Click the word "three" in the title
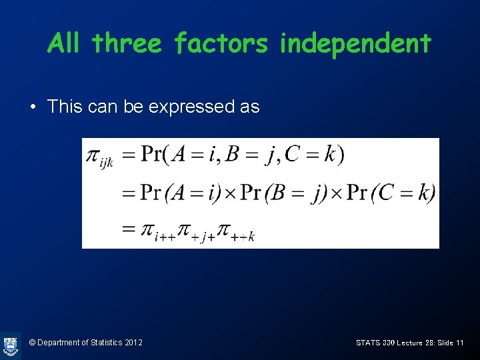pyautogui.click(x=127, y=44)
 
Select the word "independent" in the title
pyautogui.click(x=355, y=44)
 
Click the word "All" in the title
pyautogui.click(x=65, y=44)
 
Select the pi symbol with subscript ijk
pyautogui.click(x=99, y=157)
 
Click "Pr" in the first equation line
pyautogui.click(x=153, y=155)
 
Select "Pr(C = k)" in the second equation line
pyautogui.click(x=392, y=193)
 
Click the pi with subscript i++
pyautogui.click(x=155, y=231)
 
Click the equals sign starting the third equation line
pyautogui.click(x=128, y=229)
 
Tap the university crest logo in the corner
pyautogui.click(x=10, y=345)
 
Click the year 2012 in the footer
pyautogui.click(x=133, y=343)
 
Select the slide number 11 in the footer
pyautogui.click(x=460, y=343)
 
